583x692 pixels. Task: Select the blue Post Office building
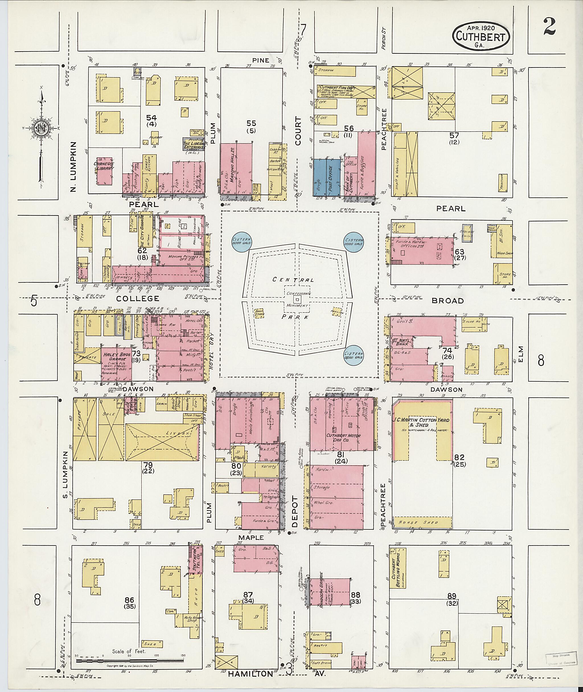333,178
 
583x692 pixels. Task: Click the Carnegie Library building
104,171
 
